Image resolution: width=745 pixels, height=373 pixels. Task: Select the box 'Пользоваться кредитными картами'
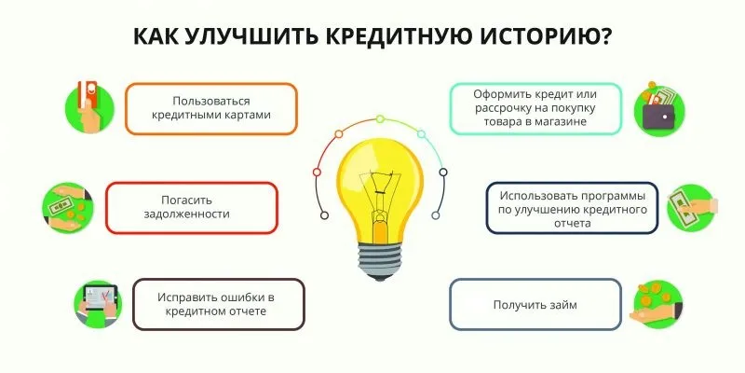click(x=211, y=110)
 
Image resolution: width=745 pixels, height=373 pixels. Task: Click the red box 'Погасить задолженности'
click(x=193, y=207)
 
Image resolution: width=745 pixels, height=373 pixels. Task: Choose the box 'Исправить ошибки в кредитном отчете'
click(x=219, y=304)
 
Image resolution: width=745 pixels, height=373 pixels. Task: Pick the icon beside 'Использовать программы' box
click(x=688, y=208)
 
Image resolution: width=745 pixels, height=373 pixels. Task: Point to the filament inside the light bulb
click(x=383, y=191)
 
